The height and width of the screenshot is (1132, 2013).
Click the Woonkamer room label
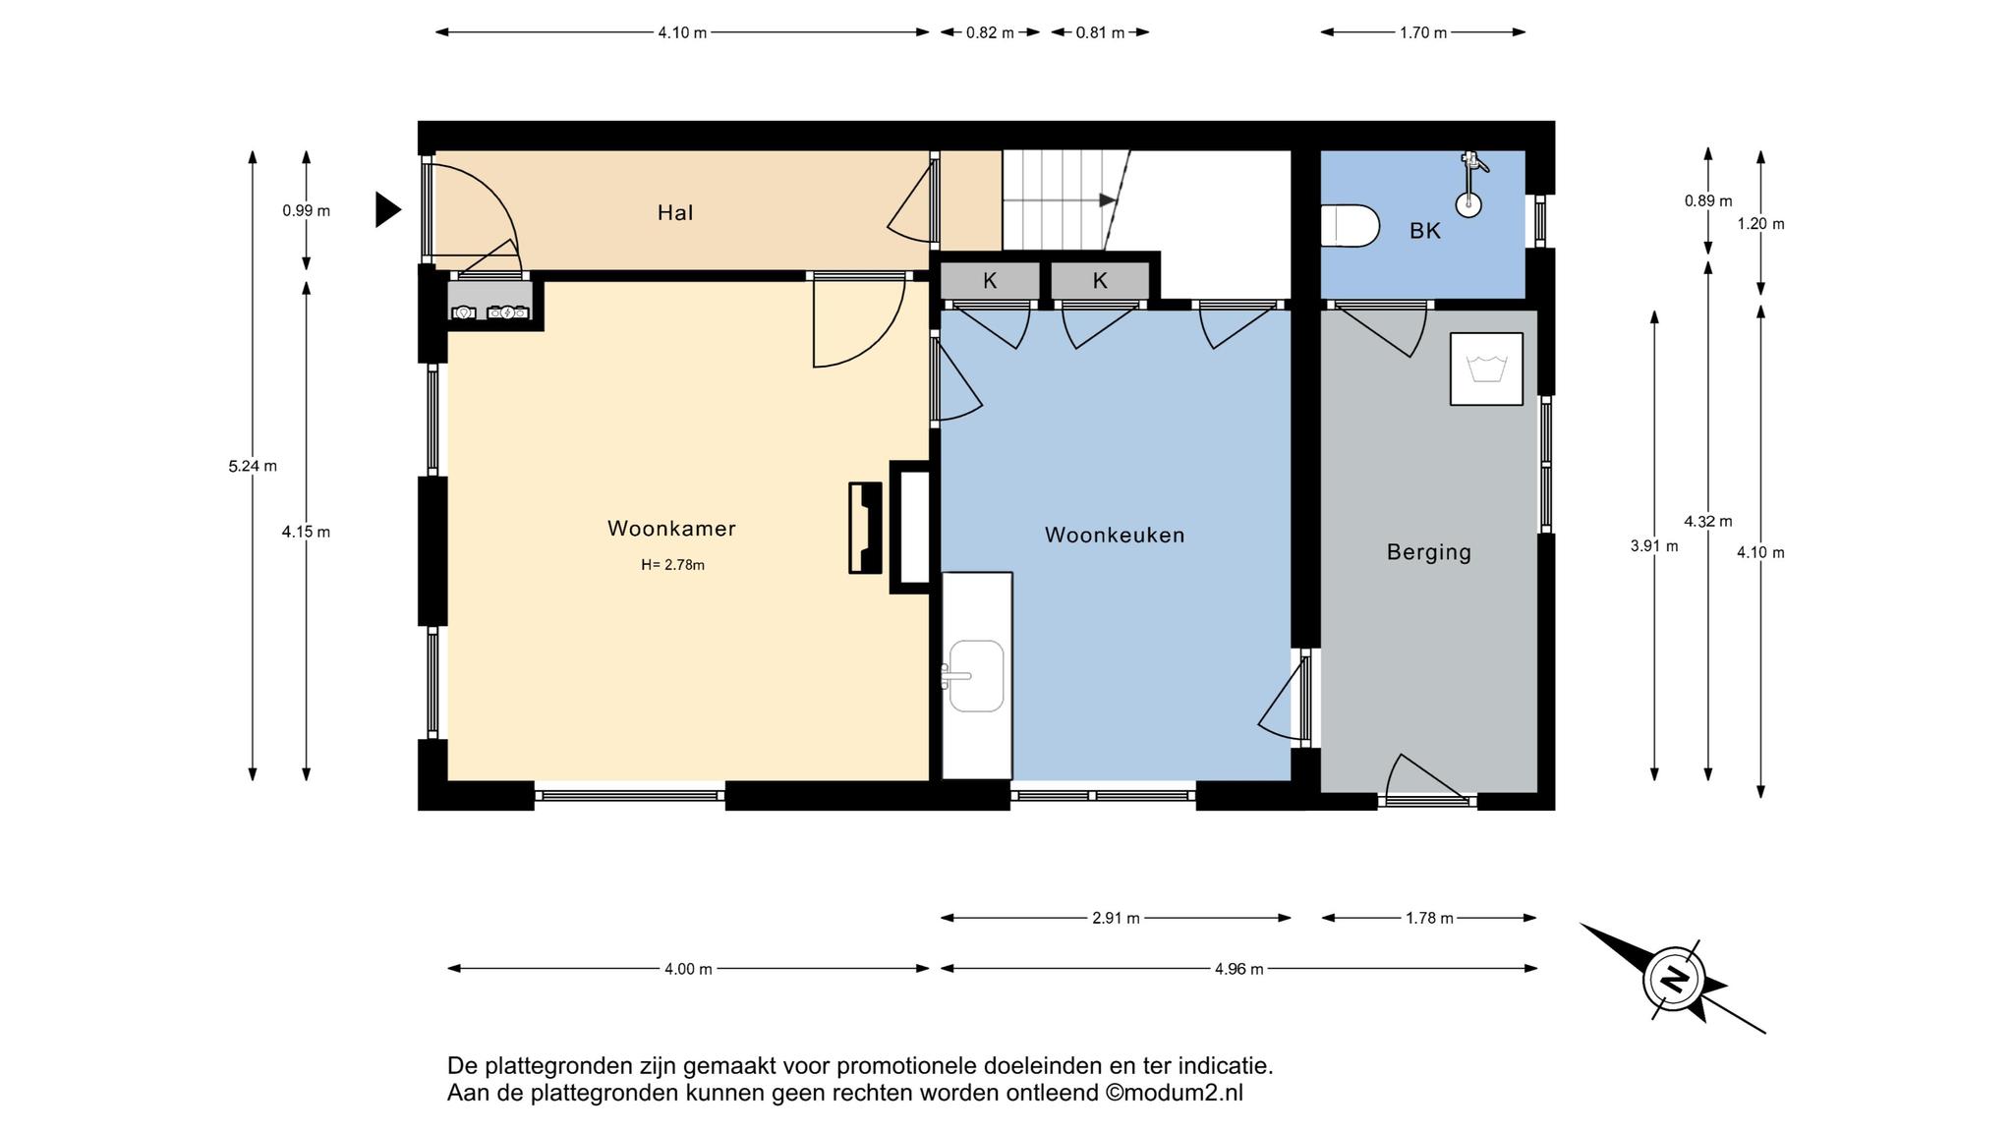click(671, 529)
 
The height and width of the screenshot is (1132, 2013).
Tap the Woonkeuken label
click(1115, 536)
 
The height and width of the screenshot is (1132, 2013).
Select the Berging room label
click(1429, 552)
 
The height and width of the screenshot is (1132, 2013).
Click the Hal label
click(675, 212)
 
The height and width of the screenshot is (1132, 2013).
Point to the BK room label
click(1425, 231)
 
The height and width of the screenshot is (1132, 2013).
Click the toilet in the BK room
click(1351, 226)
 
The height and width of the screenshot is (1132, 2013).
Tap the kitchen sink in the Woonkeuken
click(975, 676)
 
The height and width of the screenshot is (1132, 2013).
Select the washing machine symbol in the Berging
click(1486, 368)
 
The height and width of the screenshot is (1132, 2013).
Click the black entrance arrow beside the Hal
click(388, 209)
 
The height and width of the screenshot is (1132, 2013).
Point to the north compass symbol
click(1673, 979)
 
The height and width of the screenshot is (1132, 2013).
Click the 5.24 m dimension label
click(253, 466)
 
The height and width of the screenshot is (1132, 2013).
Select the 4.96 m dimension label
click(1238, 969)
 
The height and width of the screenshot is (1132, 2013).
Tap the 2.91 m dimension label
click(1116, 918)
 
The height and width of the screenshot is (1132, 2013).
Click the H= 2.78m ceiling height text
click(673, 565)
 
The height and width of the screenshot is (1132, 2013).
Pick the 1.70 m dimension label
click(1423, 32)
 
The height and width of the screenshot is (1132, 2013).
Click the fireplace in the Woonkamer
click(865, 528)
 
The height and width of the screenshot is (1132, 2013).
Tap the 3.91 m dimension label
click(1654, 546)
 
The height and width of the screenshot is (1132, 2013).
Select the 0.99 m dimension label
click(306, 210)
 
